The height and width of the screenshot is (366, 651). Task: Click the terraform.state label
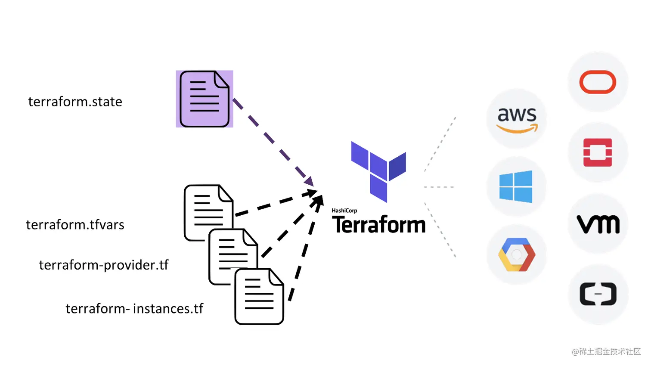(x=75, y=102)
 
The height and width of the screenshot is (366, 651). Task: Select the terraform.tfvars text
(x=75, y=225)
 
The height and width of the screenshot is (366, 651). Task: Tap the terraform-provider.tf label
(x=104, y=265)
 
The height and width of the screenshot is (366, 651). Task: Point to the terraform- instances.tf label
(x=134, y=309)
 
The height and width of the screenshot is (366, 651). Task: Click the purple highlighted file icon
(x=205, y=99)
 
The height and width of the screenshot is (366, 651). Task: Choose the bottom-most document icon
(x=259, y=297)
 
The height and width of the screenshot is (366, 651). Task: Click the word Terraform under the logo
(x=379, y=225)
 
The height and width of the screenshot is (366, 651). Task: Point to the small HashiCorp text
(x=344, y=211)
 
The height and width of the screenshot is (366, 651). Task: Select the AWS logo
(x=517, y=119)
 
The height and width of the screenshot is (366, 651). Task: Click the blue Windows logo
(x=516, y=187)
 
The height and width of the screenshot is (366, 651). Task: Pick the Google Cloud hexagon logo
(x=517, y=254)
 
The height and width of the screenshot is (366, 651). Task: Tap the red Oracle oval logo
(x=598, y=82)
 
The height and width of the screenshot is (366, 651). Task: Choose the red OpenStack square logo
(x=598, y=152)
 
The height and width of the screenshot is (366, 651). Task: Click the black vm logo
(x=598, y=224)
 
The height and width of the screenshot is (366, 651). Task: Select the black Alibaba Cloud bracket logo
(x=598, y=294)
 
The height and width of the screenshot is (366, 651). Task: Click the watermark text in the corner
(x=606, y=352)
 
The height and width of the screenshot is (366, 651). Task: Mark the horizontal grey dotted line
(x=439, y=187)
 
